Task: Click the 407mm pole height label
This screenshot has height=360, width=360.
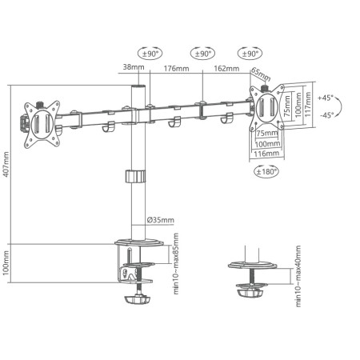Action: (7, 166)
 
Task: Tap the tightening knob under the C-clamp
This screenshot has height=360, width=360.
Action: (136, 299)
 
